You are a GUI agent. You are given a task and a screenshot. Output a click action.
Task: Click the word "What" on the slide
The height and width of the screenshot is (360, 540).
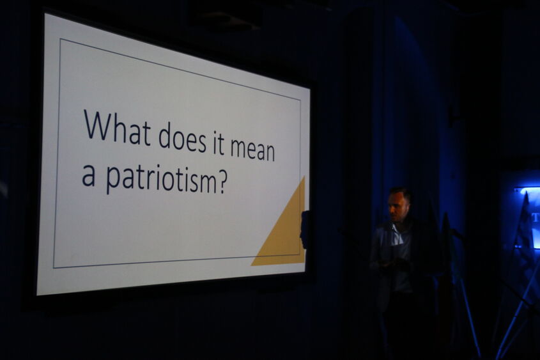click(117, 127)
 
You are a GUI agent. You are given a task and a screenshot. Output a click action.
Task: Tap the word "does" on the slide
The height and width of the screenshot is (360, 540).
click(182, 137)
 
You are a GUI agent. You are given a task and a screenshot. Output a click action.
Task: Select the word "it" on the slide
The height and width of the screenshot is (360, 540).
click(219, 141)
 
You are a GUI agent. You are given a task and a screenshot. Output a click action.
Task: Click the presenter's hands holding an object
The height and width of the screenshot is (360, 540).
click(391, 263)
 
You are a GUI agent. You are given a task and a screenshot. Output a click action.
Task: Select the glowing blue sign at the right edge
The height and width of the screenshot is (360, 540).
click(528, 217)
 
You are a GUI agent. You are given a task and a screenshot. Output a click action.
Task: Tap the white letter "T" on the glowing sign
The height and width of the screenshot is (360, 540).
click(536, 217)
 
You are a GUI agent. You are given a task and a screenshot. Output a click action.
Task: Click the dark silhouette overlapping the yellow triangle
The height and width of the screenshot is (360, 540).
click(304, 230)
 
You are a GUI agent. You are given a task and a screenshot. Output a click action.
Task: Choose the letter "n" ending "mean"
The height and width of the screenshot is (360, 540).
click(269, 153)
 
